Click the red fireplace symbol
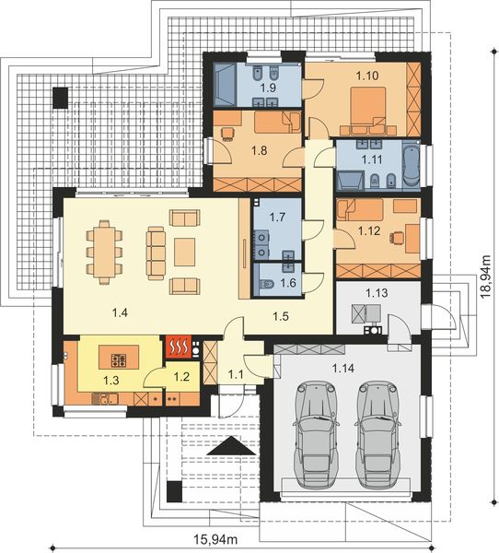coord(179,347)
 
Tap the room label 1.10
coord(367,76)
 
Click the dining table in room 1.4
coord(104,253)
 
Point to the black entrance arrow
coord(231,446)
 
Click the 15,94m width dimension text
coord(215,539)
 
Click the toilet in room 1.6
coord(267,284)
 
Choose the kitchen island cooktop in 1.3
coord(119,359)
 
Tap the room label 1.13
coord(377,293)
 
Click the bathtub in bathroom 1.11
coord(411,163)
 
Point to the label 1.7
coord(277,217)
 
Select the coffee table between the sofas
coord(185,252)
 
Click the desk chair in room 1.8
coord(227,134)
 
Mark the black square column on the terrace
coord(60,98)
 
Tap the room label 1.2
coord(182,377)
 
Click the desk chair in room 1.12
coord(397,238)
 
